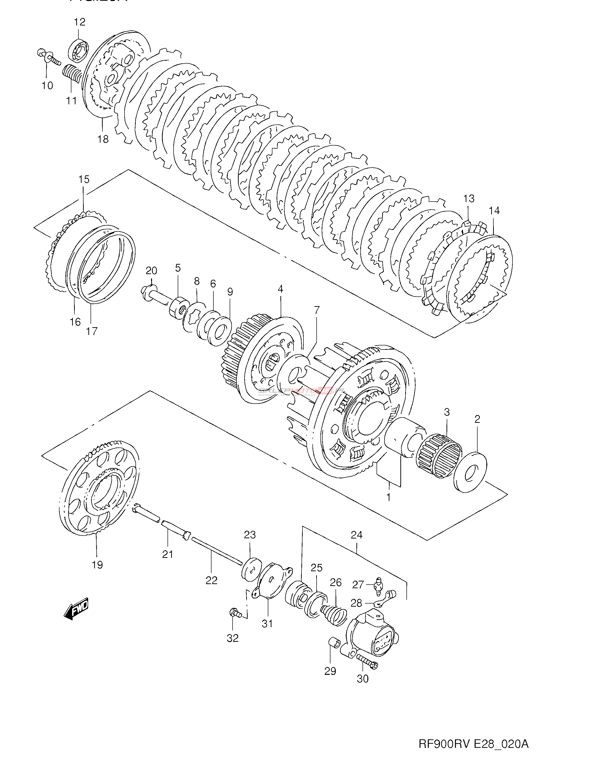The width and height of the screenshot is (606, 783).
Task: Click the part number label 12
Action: tap(80, 22)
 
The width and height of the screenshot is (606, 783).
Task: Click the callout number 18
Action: tap(103, 139)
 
